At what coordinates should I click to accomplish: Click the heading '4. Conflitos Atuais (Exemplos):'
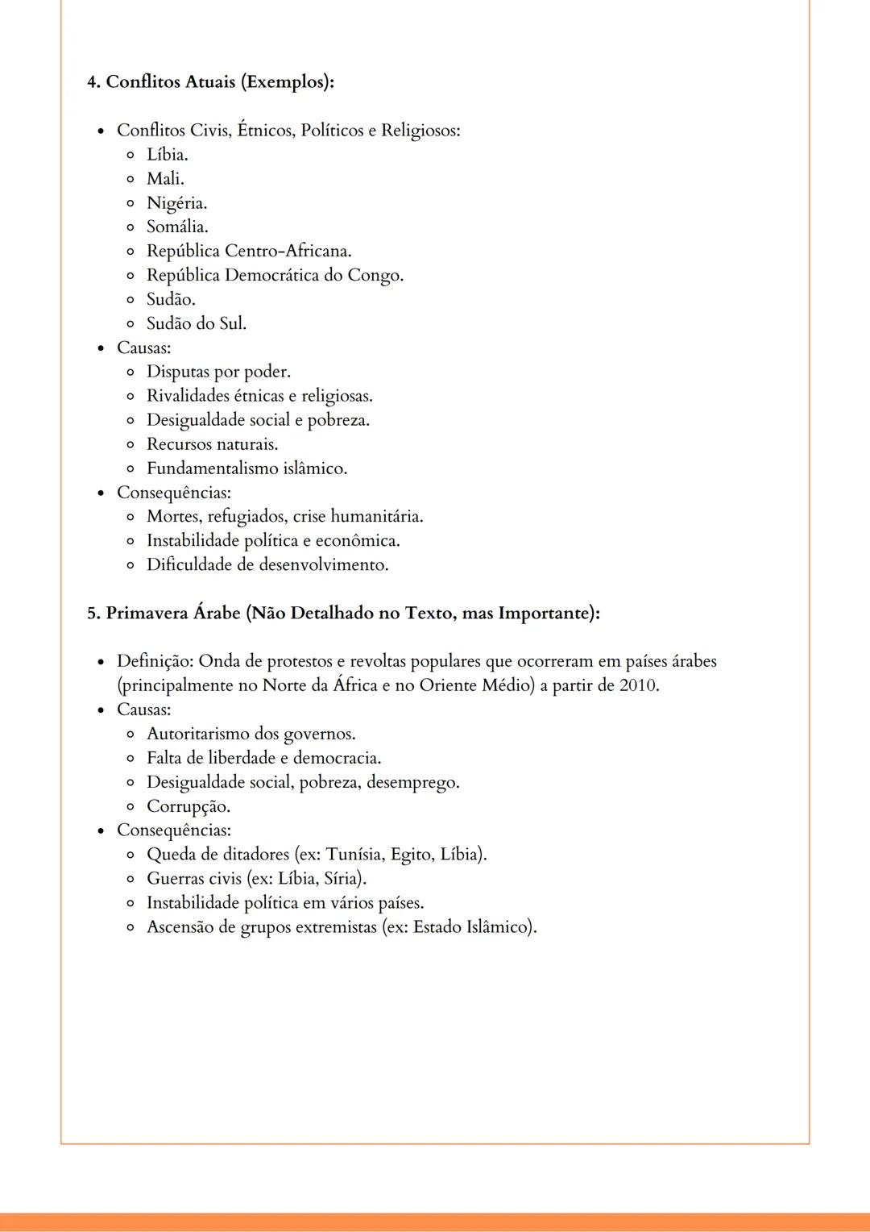210,82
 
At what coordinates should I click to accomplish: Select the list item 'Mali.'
165,178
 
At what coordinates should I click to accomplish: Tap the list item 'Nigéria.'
176,202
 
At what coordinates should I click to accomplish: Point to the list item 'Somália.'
177,227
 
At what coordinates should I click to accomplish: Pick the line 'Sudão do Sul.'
197,323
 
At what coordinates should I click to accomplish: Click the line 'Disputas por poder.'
218,372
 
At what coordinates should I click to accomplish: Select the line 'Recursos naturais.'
212,444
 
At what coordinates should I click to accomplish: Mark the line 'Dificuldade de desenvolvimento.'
267,564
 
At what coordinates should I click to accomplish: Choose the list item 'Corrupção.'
188,806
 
